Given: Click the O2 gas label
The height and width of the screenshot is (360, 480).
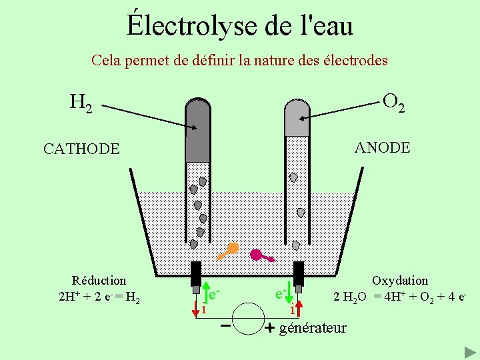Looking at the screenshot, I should click(x=393, y=102).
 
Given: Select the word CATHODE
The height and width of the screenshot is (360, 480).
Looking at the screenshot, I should click(x=81, y=149).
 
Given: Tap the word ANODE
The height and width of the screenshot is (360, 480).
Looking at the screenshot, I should click(x=383, y=147).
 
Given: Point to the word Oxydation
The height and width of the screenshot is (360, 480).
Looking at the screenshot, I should click(x=400, y=281).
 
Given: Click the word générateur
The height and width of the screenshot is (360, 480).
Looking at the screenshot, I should click(x=313, y=327).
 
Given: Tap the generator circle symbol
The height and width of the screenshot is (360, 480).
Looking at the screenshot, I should click(x=247, y=319).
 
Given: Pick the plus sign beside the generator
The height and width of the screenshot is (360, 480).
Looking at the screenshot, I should click(x=269, y=328).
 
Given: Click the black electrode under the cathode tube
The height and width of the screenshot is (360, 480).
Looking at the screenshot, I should click(x=196, y=273).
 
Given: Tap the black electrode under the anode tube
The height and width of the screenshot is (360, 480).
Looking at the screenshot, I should click(x=298, y=273).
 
